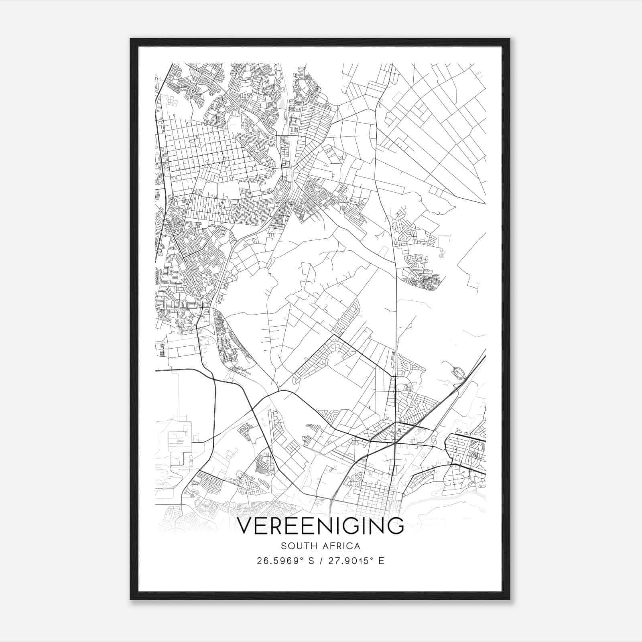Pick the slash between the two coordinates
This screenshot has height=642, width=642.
[321, 561]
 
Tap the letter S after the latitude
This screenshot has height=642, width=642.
[311, 561]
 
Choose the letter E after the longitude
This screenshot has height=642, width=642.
[382, 561]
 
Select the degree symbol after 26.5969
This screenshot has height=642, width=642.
[302, 558]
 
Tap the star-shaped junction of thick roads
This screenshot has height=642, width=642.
[395, 443]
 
